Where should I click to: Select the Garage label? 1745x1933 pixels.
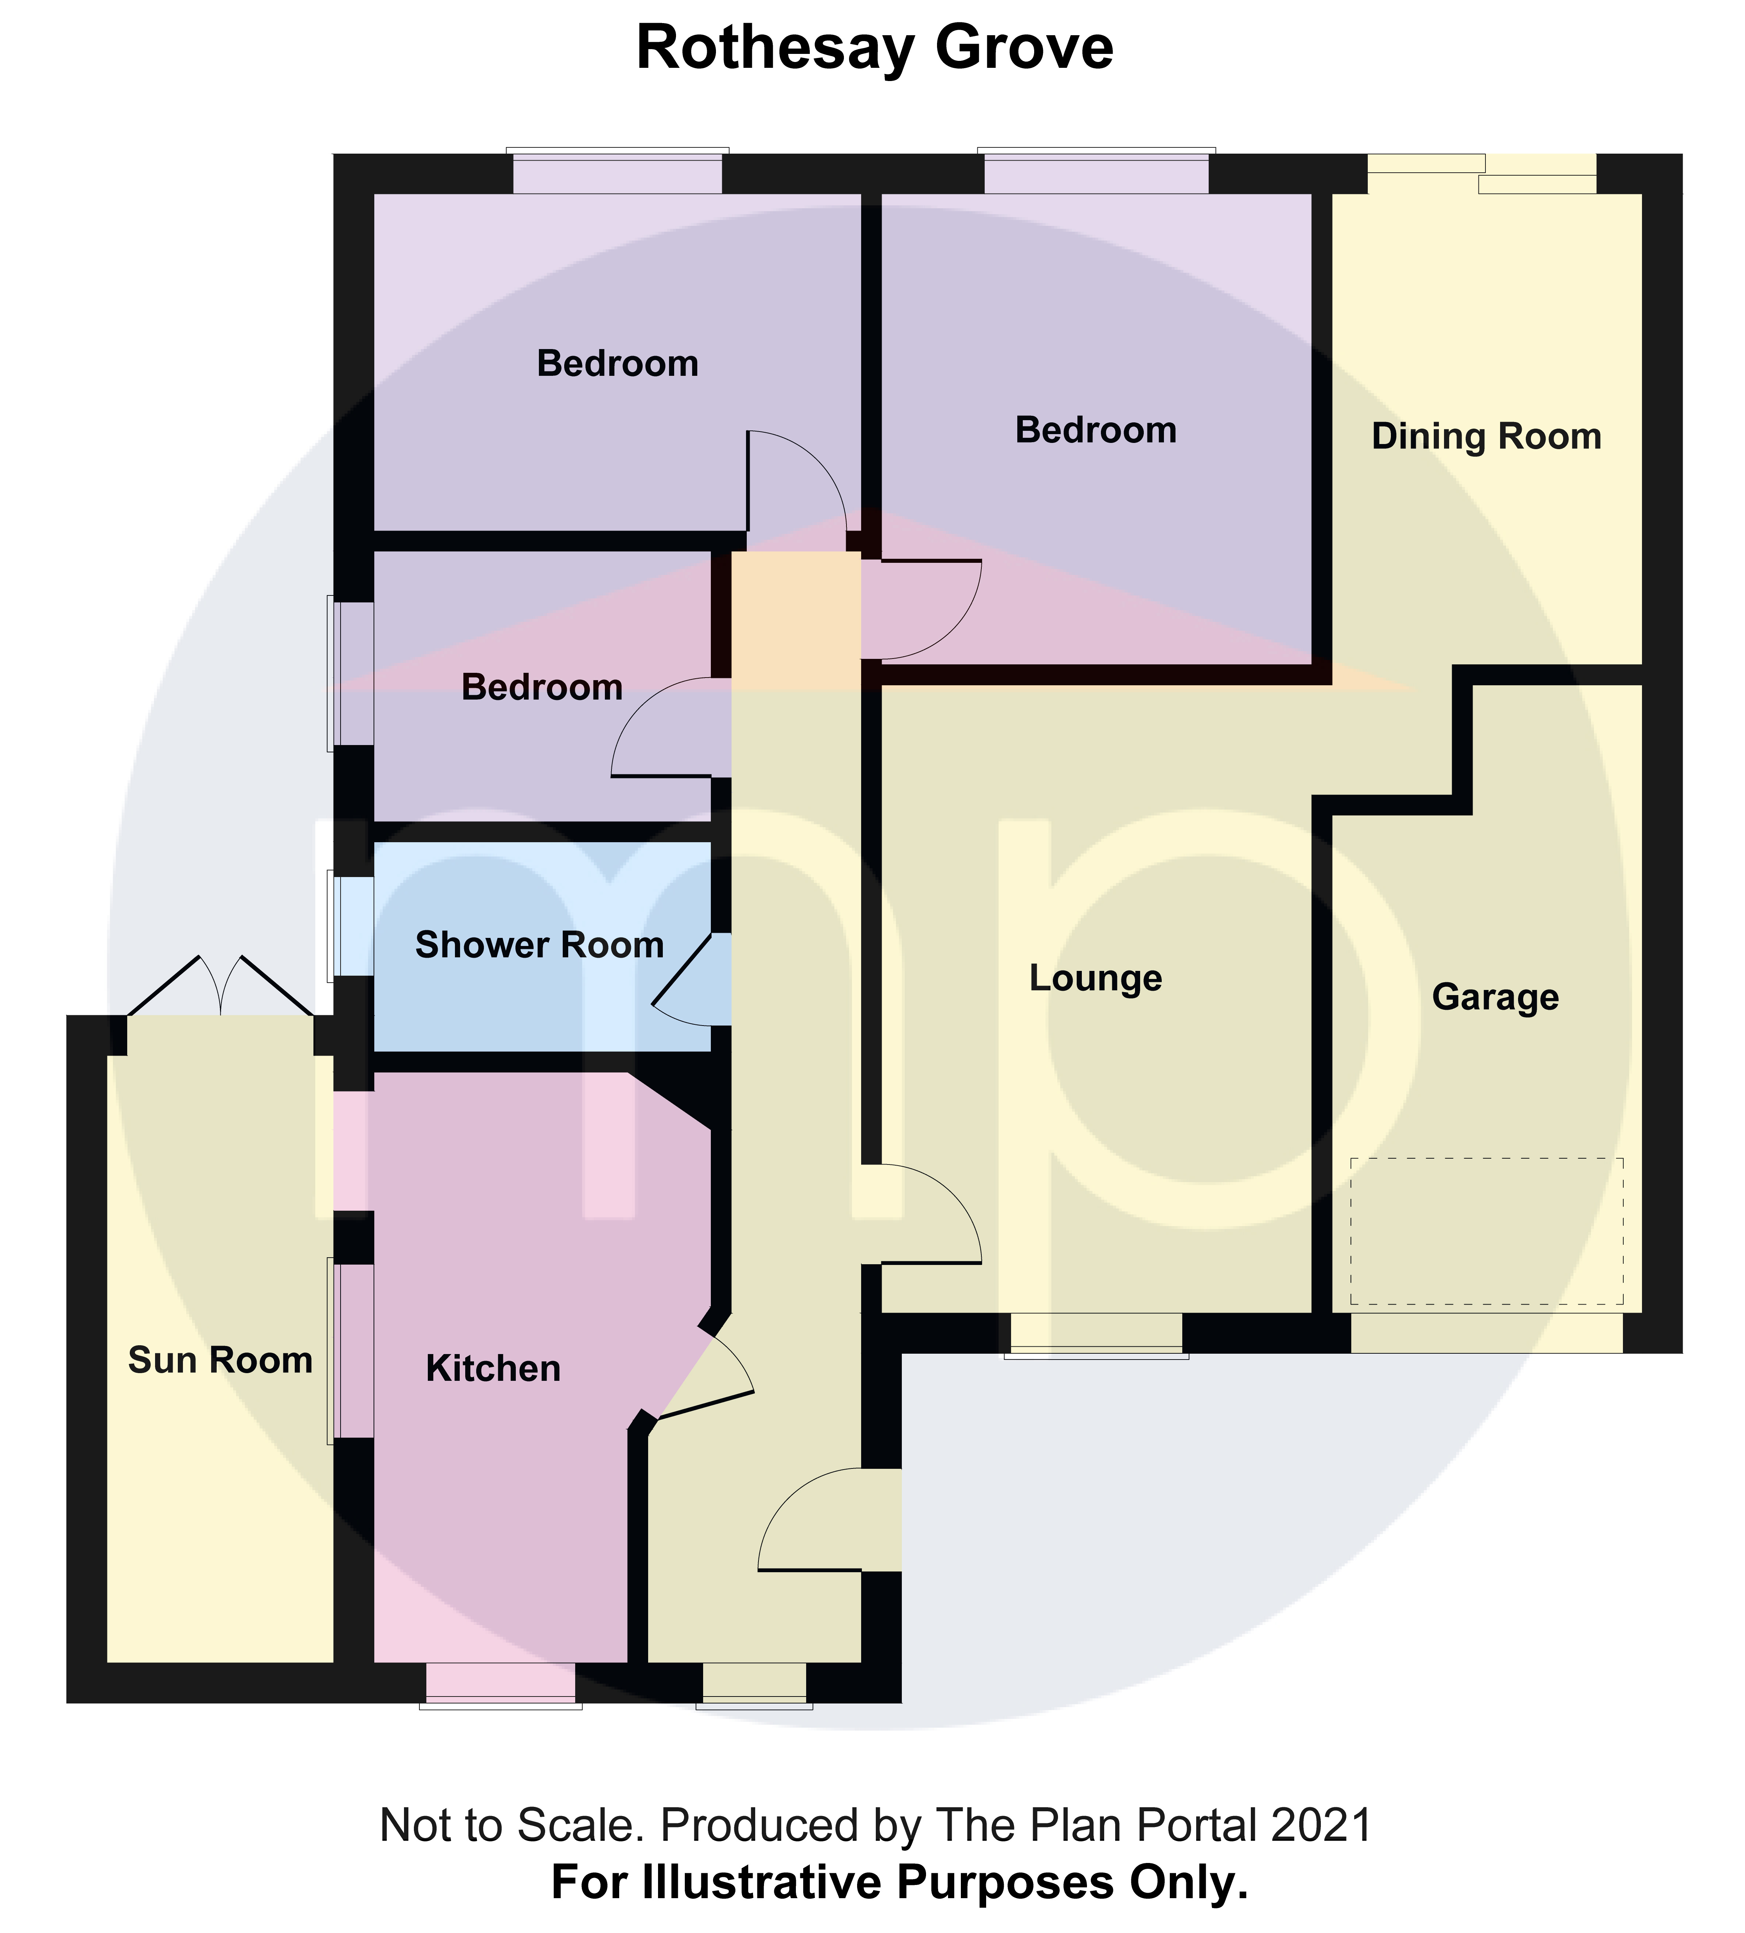point(1495,997)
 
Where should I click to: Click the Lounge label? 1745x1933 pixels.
point(1095,978)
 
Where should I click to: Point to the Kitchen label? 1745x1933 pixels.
point(493,1368)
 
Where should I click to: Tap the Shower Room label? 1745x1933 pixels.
point(539,945)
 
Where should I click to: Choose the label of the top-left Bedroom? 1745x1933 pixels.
point(617,364)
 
